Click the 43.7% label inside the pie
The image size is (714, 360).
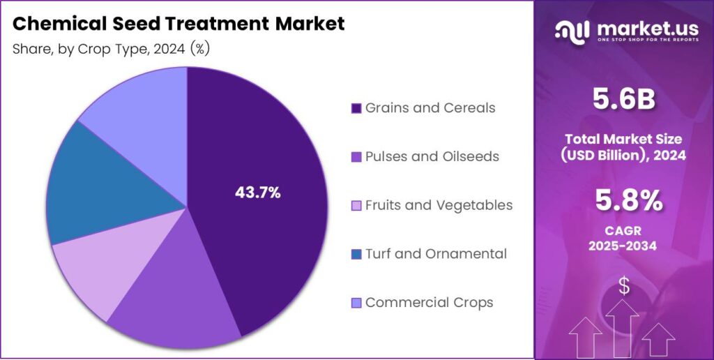[x=257, y=193]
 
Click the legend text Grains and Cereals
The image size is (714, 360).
[x=430, y=108]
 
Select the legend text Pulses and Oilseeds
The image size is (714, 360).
[x=432, y=156]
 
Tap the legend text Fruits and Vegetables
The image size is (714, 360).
[x=439, y=205]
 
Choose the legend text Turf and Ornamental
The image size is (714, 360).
[x=436, y=254]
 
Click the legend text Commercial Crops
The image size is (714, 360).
[x=429, y=303]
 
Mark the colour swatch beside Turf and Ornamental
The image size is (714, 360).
[x=356, y=255]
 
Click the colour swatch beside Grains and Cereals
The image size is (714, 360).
[x=356, y=109]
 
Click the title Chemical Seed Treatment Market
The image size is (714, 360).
[x=178, y=24]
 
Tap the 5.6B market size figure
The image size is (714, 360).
[x=623, y=100]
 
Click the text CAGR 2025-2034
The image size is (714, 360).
[x=623, y=237]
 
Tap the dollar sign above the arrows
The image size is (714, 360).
[x=624, y=286]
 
